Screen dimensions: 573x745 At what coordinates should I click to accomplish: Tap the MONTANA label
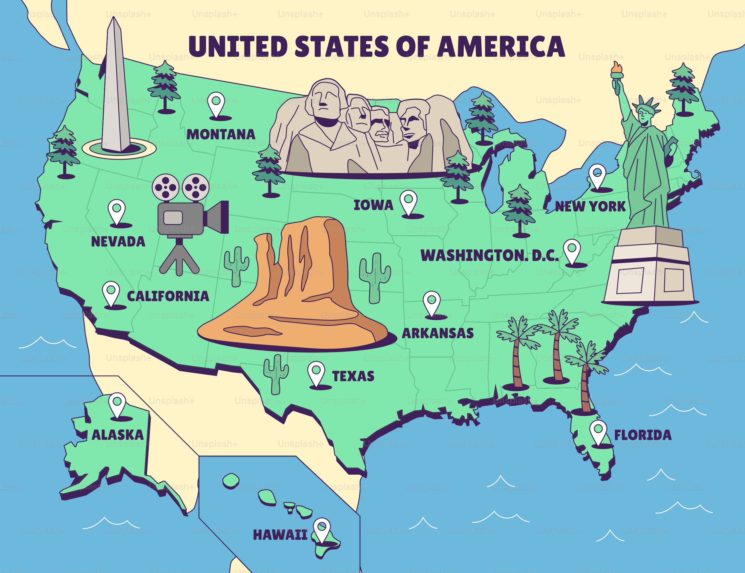pyautogui.click(x=221, y=134)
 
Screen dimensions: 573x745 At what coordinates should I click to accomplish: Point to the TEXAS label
pyautogui.click(x=353, y=376)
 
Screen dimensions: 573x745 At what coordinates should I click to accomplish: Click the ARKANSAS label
pyautogui.click(x=438, y=333)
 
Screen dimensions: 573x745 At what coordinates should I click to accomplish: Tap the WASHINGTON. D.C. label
pyautogui.click(x=489, y=255)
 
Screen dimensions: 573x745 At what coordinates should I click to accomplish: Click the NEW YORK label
pyautogui.click(x=590, y=206)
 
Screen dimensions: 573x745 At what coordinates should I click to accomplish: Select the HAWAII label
pyautogui.click(x=280, y=535)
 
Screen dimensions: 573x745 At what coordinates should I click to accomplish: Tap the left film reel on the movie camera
pyautogui.click(x=165, y=187)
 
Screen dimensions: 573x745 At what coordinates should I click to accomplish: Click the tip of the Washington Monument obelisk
pyautogui.click(x=114, y=20)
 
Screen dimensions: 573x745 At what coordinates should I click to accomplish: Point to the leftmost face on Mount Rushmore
pyautogui.click(x=325, y=99)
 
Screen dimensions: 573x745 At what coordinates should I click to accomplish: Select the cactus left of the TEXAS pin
pyautogui.click(x=276, y=374)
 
